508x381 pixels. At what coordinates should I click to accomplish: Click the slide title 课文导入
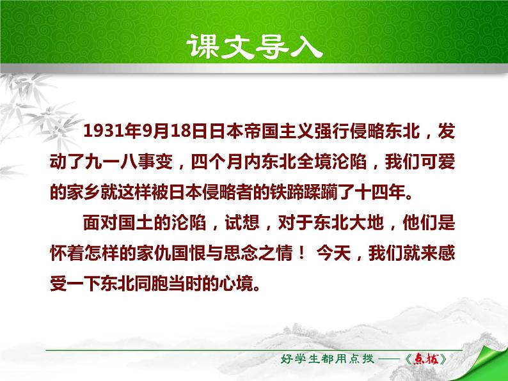(253, 46)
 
